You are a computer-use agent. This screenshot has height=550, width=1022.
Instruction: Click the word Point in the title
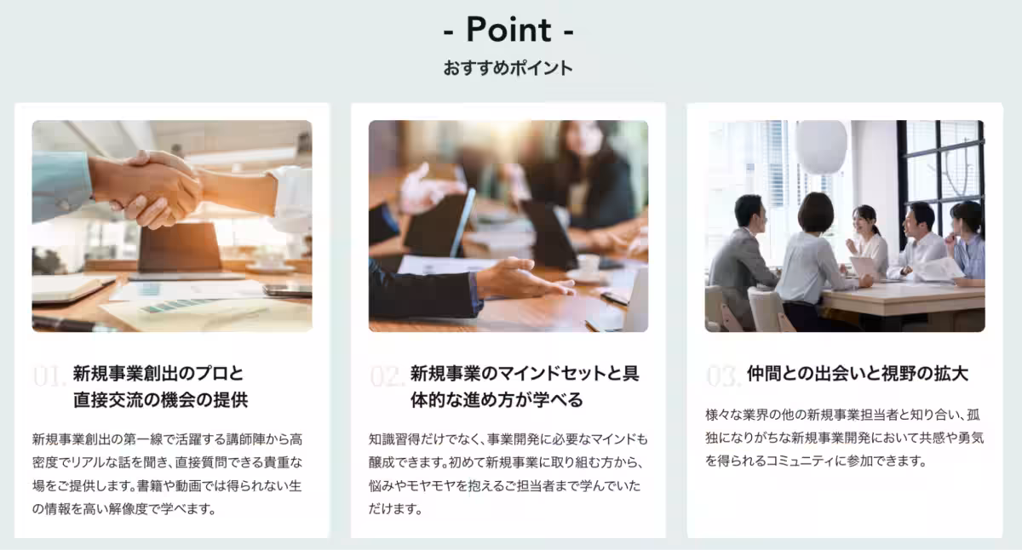point(508,30)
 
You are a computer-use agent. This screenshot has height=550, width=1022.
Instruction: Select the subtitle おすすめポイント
point(508,68)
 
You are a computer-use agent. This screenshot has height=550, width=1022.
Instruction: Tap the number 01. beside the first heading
point(49,375)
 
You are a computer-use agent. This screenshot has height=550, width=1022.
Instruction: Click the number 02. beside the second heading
point(387,375)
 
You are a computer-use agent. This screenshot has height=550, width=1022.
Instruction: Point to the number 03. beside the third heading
point(724,375)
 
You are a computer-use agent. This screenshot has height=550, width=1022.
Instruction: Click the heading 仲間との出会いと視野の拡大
point(858,374)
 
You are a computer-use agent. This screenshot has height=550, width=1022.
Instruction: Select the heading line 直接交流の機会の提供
point(160,400)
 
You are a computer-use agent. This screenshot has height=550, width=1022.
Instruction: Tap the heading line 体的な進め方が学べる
point(497,400)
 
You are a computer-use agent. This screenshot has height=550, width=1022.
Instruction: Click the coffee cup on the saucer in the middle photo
point(588,265)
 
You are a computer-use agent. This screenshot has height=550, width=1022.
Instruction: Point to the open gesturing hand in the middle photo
point(524,278)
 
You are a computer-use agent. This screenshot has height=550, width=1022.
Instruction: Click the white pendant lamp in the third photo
point(821,146)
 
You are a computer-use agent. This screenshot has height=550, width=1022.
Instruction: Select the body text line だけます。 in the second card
point(396,509)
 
